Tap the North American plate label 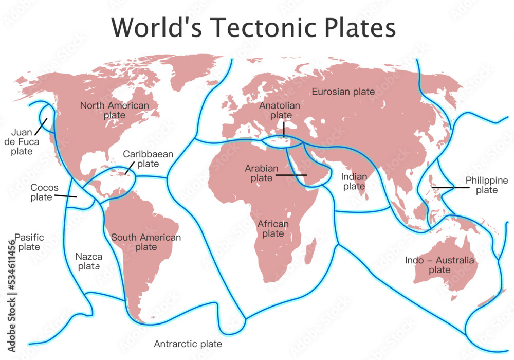coord(114,110)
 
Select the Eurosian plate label coord(343,92)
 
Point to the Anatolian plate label coord(280,110)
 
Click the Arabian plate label coord(261,173)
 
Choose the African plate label coord(273,229)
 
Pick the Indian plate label coord(354,182)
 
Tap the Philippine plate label coord(486,185)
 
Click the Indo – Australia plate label coord(439,265)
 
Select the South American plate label coord(146,242)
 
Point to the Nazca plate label coord(88,261)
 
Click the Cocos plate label coord(44,192)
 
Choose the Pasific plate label coord(29,242)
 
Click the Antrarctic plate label coord(188,344)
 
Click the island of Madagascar coord(310,256)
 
